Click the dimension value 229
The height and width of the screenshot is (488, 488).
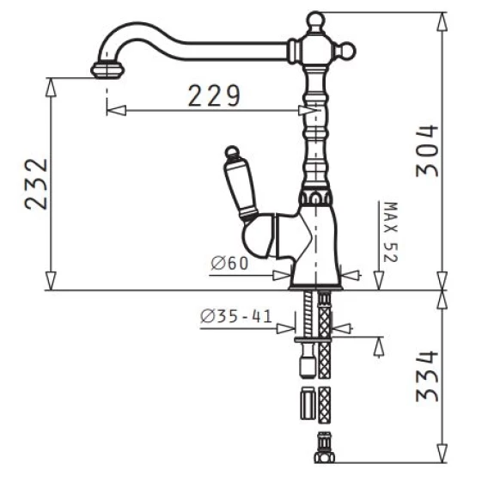point(214,95)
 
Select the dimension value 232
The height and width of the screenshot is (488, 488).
point(36,184)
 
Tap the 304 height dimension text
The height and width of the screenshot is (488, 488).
point(427,151)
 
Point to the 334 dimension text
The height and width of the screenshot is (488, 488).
point(427,376)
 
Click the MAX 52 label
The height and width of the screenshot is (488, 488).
point(391,232)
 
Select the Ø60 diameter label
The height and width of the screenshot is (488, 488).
point(229,263)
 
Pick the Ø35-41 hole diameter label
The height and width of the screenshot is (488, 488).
point(236,316)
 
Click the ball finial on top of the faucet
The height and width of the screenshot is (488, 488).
point(315,21)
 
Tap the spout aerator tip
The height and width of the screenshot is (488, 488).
point(107,70)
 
